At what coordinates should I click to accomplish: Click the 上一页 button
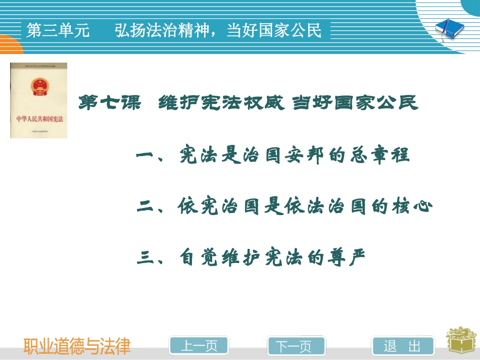point(199,346)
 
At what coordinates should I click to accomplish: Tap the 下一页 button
point(294,346)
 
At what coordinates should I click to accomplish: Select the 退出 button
point(403,346)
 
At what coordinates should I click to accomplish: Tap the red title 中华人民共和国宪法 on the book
point(38,120)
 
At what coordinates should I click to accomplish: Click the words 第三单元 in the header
point(58,31)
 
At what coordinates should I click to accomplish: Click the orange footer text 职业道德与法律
point(77,346)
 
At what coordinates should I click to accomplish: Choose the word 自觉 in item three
point(199,259)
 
